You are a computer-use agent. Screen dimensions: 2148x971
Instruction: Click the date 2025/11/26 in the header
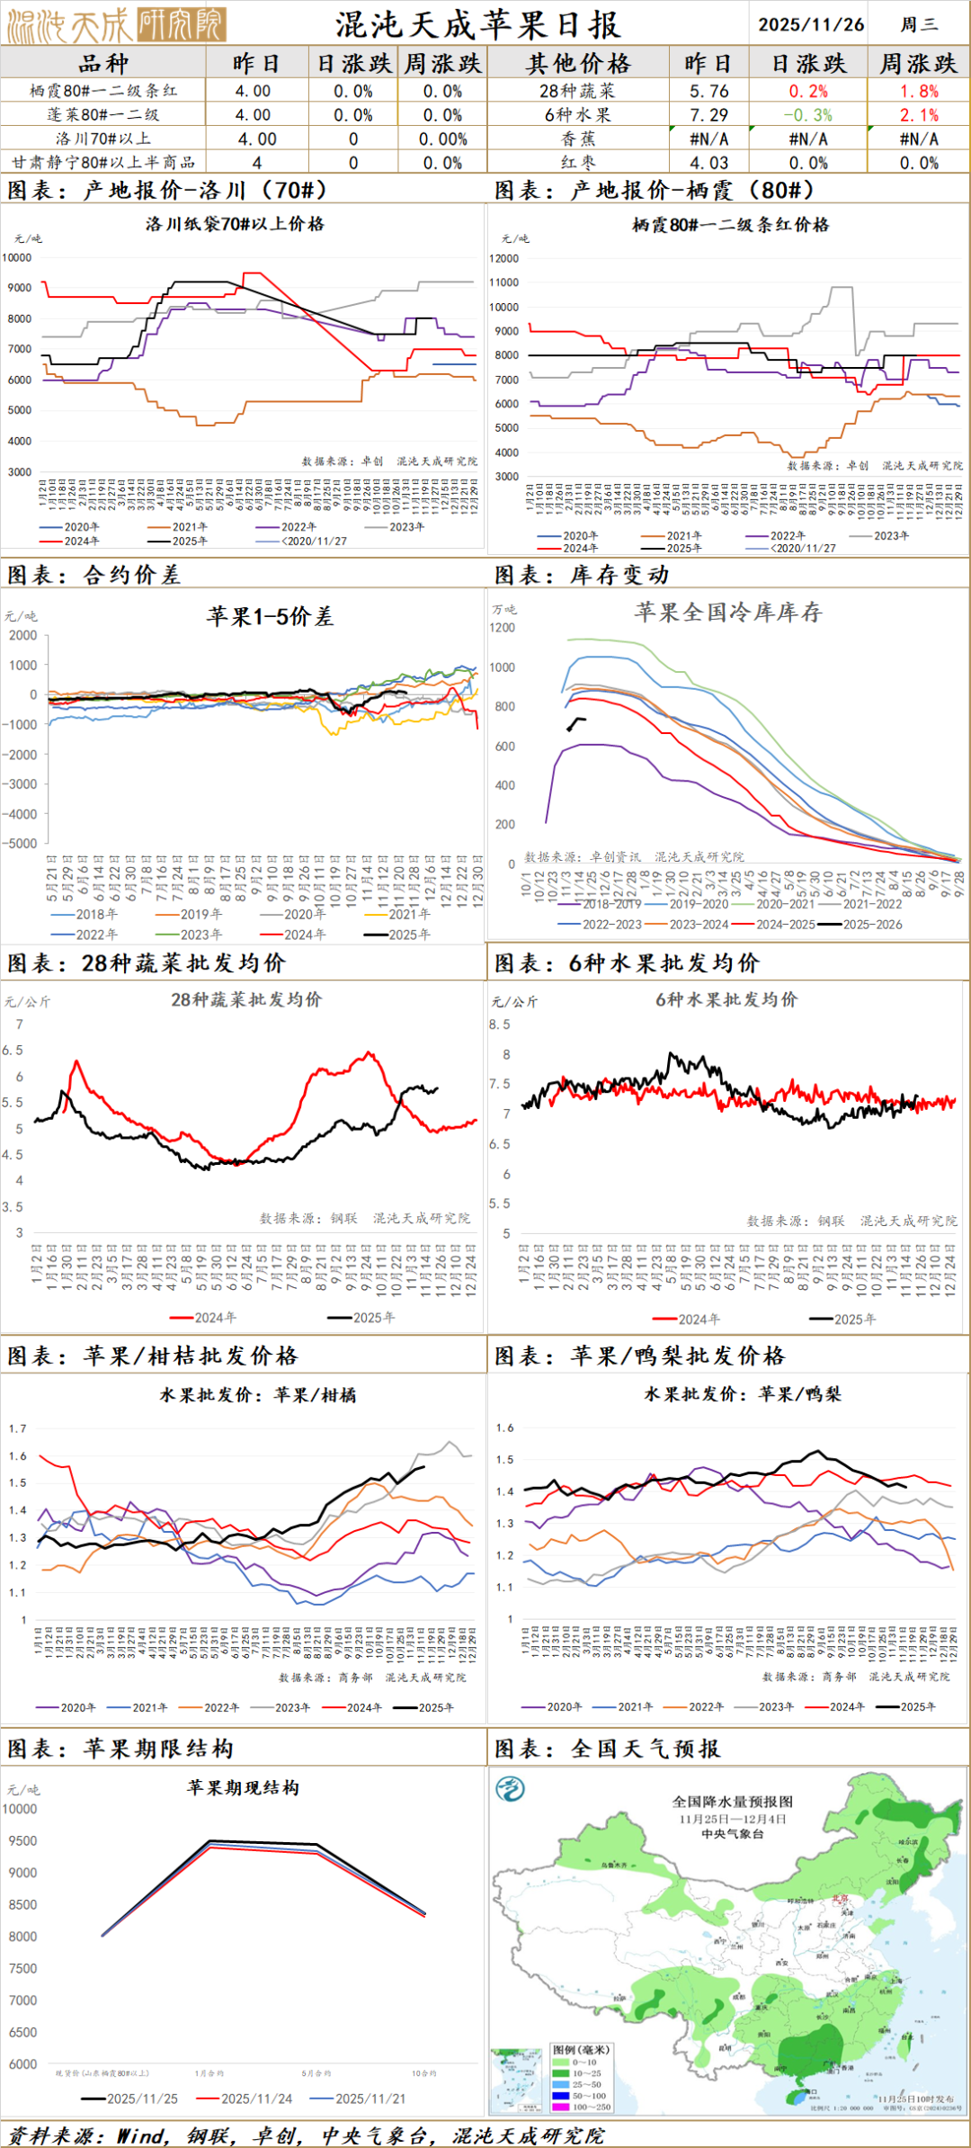click(x=810, y=24)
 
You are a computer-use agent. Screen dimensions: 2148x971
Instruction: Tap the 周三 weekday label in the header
click(x=918, y=24)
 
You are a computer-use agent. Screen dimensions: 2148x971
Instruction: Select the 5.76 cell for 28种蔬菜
click(x=708, y=91)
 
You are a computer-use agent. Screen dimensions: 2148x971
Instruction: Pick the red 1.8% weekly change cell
click(x=919, y=91)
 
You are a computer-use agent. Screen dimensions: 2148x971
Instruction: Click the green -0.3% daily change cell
click(x=807, y=115)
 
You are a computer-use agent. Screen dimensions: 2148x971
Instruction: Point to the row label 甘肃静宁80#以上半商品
click(x=103, y=163)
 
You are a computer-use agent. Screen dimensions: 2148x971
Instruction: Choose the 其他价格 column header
click(x=578, y=64)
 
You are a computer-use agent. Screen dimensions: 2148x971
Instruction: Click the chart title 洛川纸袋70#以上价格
click(x=235, y=224)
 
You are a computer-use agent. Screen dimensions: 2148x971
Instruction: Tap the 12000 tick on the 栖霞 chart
click(x=503, y=258)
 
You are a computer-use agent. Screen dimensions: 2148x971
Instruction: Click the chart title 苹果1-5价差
click(x=270, y=616)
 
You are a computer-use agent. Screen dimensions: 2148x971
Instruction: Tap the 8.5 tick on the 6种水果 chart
click(x=499, y=1025)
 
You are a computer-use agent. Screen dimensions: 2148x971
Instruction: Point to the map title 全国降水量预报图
click(x=733, y=1802)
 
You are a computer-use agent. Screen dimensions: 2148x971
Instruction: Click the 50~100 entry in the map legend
click(x=589, y=2096)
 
